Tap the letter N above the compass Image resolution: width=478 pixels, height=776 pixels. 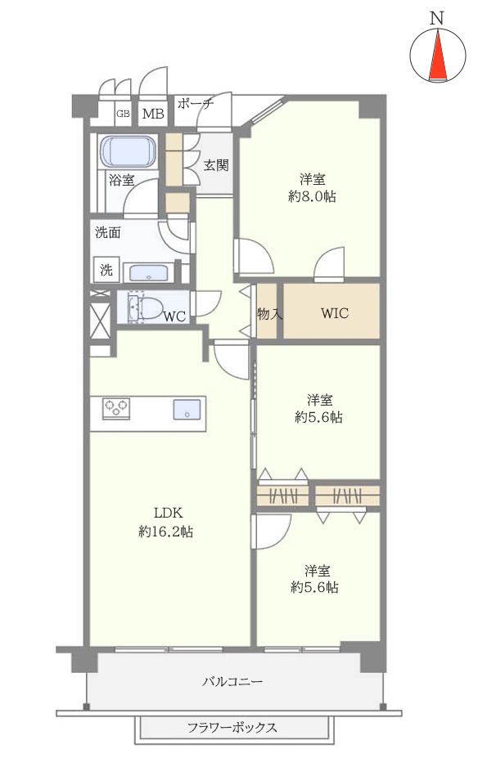pyautogui.click(x=436, y=18)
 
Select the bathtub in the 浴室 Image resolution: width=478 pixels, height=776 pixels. pyautogui.click(x=129, y=152)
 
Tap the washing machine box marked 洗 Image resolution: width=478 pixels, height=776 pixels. pyautogui.click(x=106, y=270)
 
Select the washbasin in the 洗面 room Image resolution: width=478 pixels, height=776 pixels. pyautogui.click(x=148, y=273)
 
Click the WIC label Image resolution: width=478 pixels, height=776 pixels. pyautogui.click(x=334, y=313)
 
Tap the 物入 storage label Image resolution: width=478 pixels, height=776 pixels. pyautogui.click(x=269, y=313)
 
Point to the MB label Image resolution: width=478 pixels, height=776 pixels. pyautogui.click(x=153, y=114)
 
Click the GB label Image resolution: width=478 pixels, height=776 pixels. pyautogui.click(x=123, y=114)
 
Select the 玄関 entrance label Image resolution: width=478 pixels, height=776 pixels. pyautogui.click(x=216, y=165)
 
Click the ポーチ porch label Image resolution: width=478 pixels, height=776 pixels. pyautogui.click(x=195, y=104)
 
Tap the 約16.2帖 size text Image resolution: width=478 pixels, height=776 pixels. pyautogui.click(x=165, y=532)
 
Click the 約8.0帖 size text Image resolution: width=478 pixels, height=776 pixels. pyautogui.click(x=312, y=196)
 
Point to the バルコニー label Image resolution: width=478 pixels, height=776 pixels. pyautogui.click(x=232, y=681)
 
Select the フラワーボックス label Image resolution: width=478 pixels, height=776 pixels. pyautogui.click(x=232, y=728)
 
